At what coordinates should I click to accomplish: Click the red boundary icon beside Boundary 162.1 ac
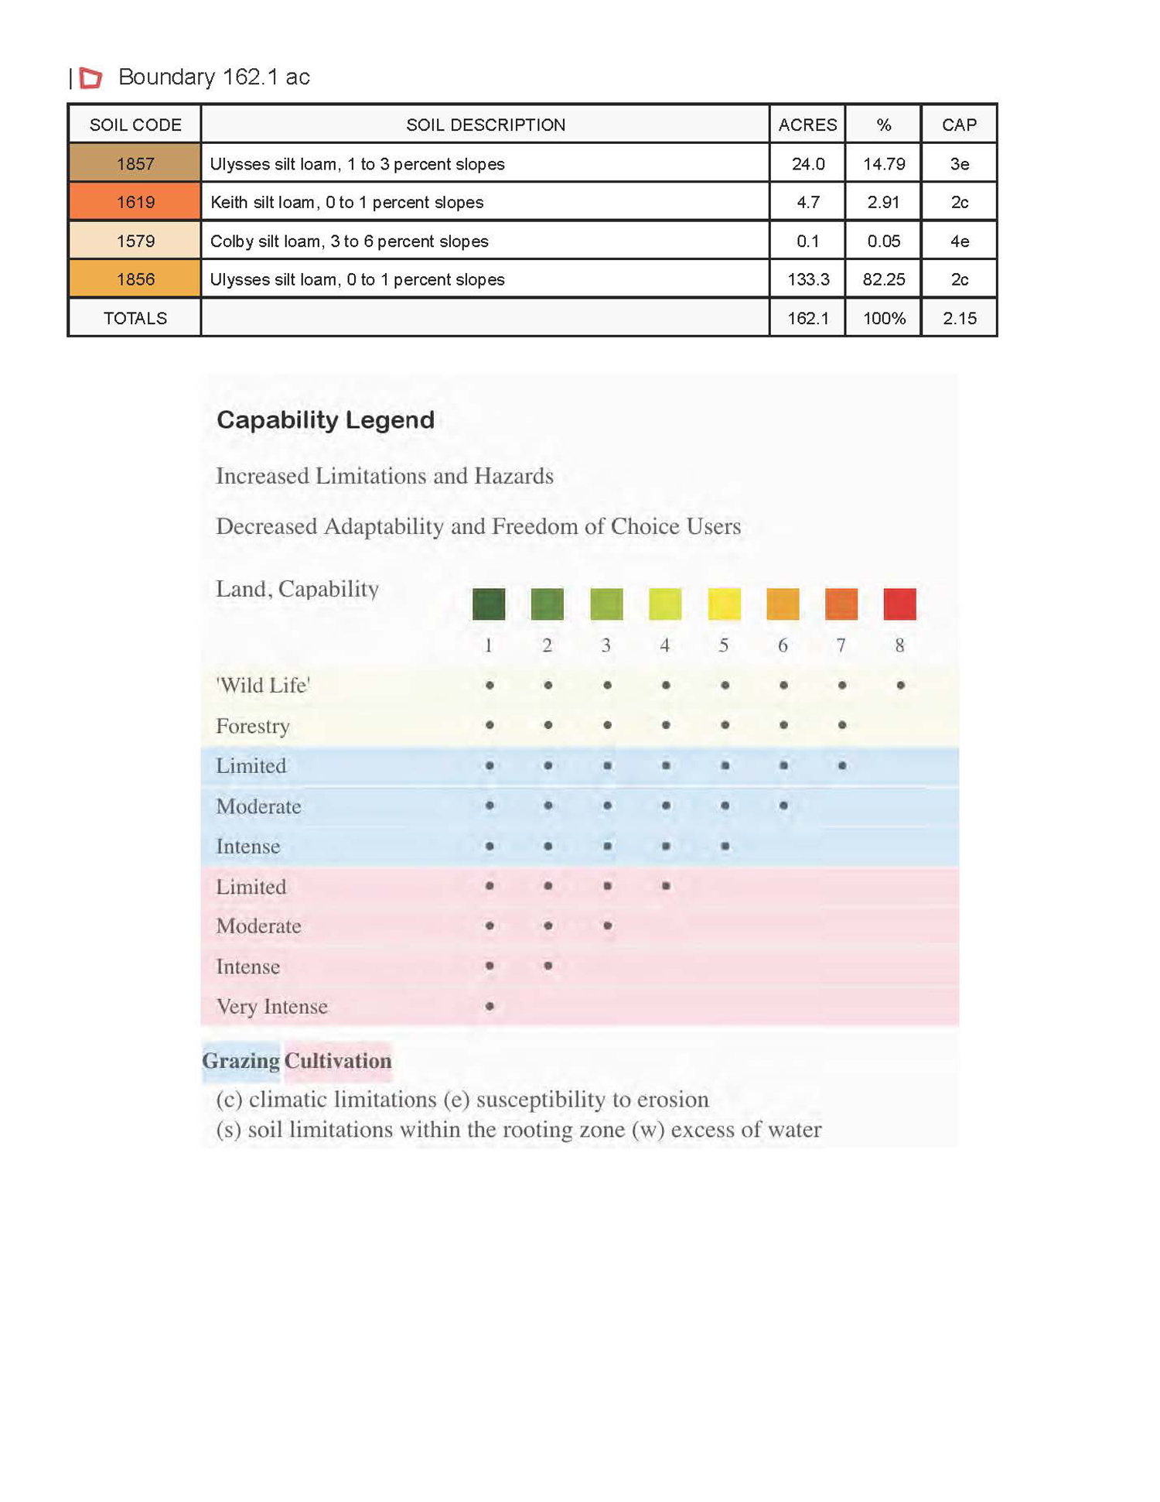[91, 77]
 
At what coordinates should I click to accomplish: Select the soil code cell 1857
[135, 163]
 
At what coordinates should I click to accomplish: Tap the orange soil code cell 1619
[135, 202]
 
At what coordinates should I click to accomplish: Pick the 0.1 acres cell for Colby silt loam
[807, 241]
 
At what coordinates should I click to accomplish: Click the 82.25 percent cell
[883, 279]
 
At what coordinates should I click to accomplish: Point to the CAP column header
[959, 125]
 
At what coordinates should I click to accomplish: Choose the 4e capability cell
[959, 241]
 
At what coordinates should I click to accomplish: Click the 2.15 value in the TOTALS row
[959, 318]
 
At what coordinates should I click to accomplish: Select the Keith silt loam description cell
[485, 202]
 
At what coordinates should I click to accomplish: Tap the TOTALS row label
[135, 318]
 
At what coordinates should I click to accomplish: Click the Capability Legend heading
[326, 420]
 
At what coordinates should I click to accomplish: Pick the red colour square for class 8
[899, 604]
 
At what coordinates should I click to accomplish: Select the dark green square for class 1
[489, 604]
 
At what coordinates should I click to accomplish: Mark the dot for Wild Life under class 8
[900, 685]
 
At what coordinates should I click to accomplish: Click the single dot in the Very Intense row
[490, 1006]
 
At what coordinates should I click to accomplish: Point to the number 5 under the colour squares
[724, 645]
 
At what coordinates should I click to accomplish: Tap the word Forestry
[253, 726]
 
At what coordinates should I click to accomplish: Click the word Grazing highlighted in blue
[241, 1060]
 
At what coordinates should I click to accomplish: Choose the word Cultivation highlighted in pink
[338, 1060]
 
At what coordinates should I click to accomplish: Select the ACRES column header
[807, 125]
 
